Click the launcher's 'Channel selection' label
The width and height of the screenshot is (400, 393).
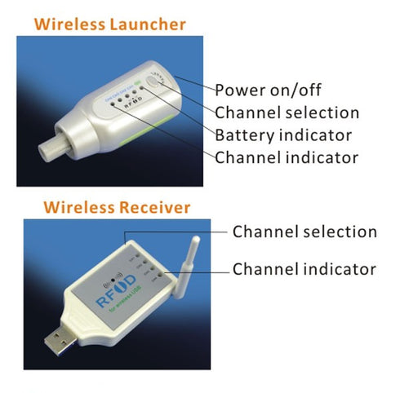pos(287,112)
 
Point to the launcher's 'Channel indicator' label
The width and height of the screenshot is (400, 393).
pos(286,156)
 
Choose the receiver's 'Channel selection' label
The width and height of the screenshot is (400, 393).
pos(304,232)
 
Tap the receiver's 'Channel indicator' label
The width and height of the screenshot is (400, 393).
pos(304,269)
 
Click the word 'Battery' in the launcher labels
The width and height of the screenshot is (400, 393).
pos(242,134)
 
